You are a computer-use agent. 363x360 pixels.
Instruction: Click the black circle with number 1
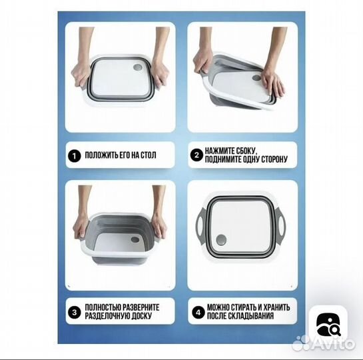pyautogui.click(x=75, y=156)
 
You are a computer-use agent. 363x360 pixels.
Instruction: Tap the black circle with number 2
pyautogui.click(x=196, y=155)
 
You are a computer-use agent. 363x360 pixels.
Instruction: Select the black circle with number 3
pyautogui.click(x=75, y=312)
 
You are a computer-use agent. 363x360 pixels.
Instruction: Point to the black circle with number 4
pyautogui.click(x=198, y=313)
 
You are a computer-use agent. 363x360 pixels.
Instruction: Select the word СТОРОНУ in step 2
pyautogui.click(x=274, y=159)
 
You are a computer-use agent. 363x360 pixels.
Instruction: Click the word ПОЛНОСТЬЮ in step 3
pyautogui.click(x=103, y=307)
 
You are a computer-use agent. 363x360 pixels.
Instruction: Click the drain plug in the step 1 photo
pyautogui.click(x=138, y=67)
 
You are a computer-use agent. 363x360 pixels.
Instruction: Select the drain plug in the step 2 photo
pyautogui.click(x=256, y=77)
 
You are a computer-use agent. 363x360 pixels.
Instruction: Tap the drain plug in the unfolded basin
pyautogui.click(x=135, y=239)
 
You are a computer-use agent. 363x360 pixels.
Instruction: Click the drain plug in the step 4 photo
pyautogui.click(x=221, y=240)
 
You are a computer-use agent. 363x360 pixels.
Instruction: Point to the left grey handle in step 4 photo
pyautogui.click(x=200, y=222)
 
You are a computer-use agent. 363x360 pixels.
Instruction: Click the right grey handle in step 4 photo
pyautogui.click(x=282, y=222)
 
